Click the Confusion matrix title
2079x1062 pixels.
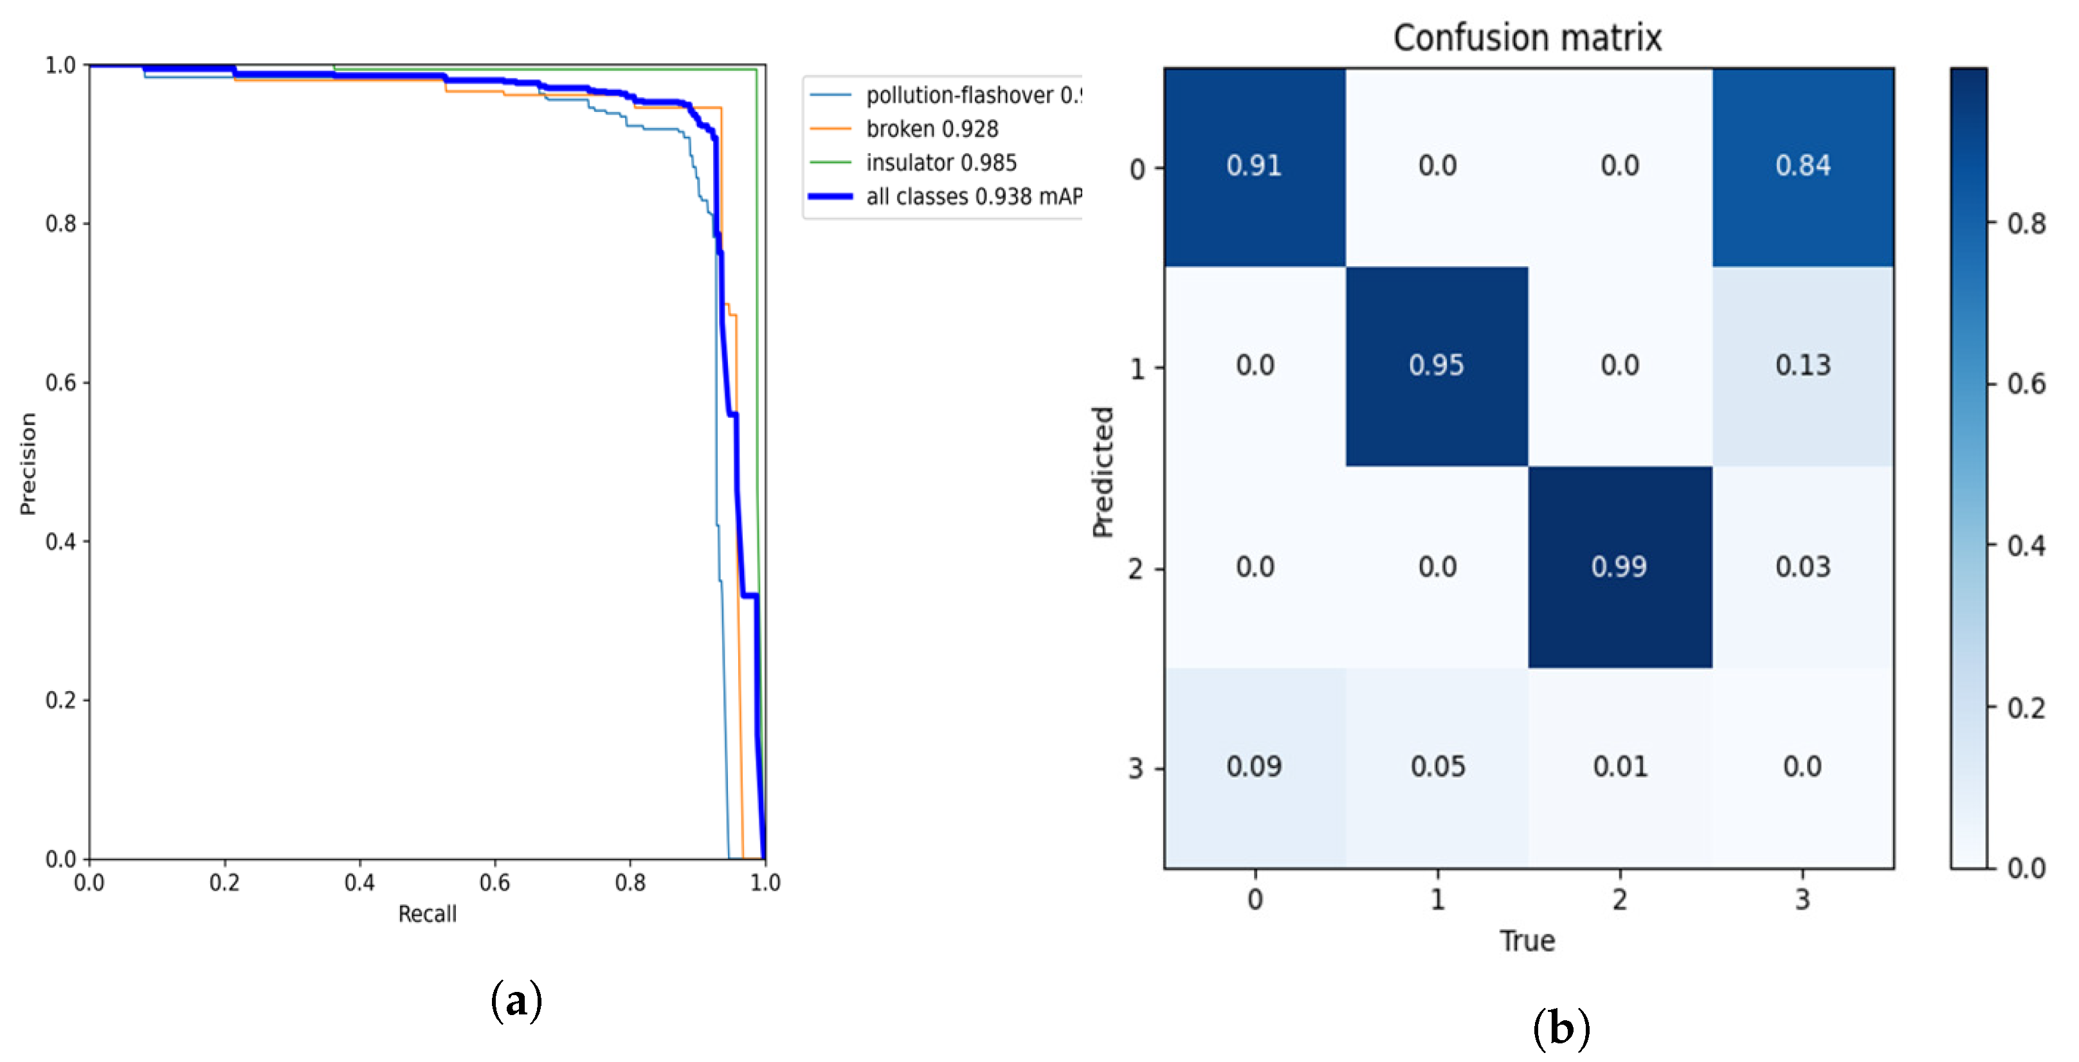point(1527,37)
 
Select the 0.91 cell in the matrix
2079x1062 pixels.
point(1253,166)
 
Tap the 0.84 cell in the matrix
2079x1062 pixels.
point(1802,166)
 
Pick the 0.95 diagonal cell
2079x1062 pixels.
point(1436,366)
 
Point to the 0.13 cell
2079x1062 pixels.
point(1802,366)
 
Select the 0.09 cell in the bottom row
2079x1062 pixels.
point(1253,766)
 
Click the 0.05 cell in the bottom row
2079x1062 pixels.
point(1437,766)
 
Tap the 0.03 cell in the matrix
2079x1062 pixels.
point(1802,566)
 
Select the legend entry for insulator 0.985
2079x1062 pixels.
point(941,163)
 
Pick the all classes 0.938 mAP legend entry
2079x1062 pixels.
point(972,197)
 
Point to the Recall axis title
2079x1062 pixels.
point(427,914)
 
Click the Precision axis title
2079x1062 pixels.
point(28,464)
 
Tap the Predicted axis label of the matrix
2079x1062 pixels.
point(1102,471)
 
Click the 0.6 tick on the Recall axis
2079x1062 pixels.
point(495,882)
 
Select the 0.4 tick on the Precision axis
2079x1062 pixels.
point(60,541)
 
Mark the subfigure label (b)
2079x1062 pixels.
point(1561,1028)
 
